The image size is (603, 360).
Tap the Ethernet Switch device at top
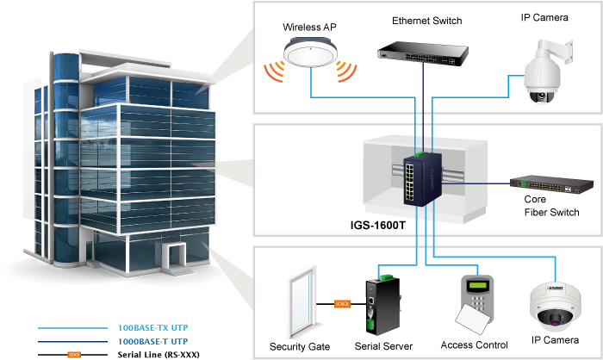pos(422,53)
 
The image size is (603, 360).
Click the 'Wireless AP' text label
pos(309,28)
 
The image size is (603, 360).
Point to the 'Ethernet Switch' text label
pos(426,20)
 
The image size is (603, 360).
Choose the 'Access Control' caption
pos(474,344)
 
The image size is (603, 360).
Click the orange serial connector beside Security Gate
pos(342,303)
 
